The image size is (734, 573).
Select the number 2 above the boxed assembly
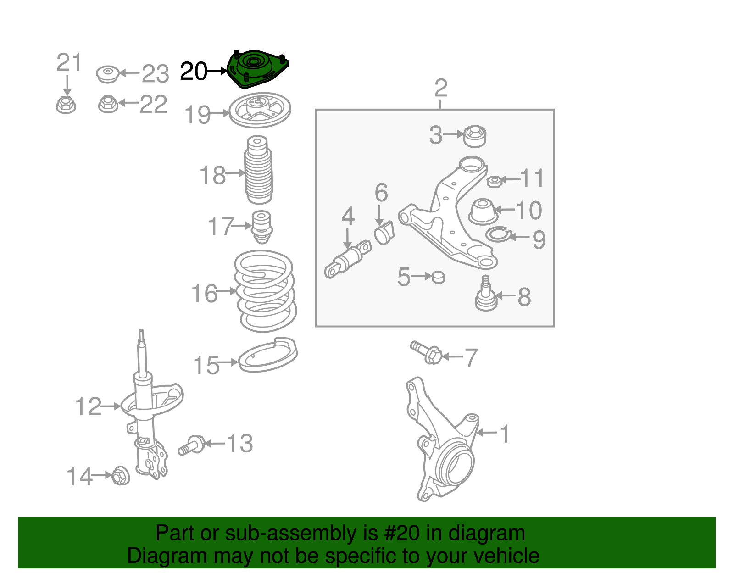point(440,88)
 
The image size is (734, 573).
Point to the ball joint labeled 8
point(485,296)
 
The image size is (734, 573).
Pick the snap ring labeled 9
point(498,235)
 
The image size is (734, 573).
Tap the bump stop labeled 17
point(262,226)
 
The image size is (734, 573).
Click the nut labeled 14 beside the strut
point(121,476)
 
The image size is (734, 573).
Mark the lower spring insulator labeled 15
point(268,356)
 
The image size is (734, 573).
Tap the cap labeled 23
point(108,74)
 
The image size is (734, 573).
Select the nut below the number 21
point(66,105)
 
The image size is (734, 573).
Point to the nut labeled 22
point(108,104)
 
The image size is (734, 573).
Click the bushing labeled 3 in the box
point(475,136)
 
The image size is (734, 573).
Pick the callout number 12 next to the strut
point(88,407)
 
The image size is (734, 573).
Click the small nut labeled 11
point(493,181)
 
